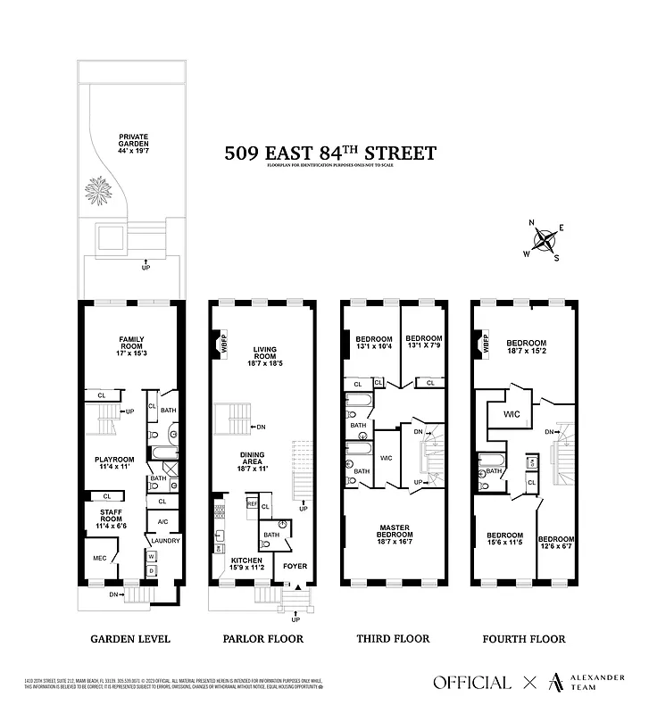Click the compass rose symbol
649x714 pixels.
click(x=545, y=239)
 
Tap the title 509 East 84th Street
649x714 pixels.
click(x=330, y=154)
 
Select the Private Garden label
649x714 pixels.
click(x=133, y=143)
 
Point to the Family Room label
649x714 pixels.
click(x=131, y=344)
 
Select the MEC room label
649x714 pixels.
click(x=99, y=559)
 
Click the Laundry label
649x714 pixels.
click(x=166, y=541)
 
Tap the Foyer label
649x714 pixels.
click(x=295, y=566)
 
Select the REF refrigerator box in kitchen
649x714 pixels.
click(x=252, y=504)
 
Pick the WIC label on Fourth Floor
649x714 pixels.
click(x=512, y=414)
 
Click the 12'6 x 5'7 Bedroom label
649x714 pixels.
click(x=555, y=544)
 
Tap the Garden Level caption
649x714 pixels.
click(x=130, y=639)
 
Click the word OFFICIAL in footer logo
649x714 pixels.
click(x=472, y=683)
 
